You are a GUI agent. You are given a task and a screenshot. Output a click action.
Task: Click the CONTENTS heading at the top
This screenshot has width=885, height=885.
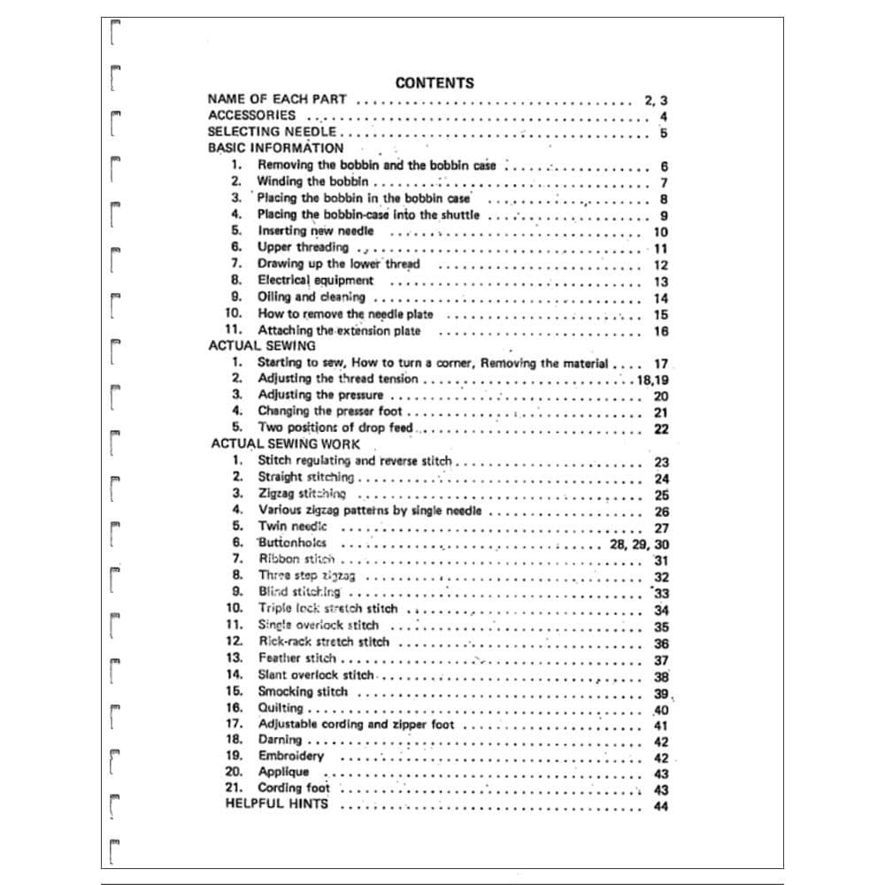(434, 83)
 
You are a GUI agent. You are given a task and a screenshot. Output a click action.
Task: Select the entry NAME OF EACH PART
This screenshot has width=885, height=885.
(277, 99)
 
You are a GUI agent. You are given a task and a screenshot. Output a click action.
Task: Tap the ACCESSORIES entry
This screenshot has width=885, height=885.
(252, 115)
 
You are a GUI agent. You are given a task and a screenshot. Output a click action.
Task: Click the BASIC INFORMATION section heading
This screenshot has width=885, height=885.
(275, 148)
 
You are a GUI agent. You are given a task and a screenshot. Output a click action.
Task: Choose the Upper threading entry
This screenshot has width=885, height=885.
(303, 247)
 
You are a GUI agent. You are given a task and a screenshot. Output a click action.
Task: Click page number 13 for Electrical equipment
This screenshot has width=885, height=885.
(660, 281)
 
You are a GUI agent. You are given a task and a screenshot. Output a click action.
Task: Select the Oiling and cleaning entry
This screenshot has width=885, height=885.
(311, 297)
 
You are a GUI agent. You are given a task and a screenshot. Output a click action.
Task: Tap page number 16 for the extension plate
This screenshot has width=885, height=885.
(660, 331)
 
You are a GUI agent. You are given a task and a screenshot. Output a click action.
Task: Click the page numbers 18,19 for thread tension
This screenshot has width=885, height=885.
(652, 380)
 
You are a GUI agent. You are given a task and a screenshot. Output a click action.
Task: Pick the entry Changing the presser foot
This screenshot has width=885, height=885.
(329, 412)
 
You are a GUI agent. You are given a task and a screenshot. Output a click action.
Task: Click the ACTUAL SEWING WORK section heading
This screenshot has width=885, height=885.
(286, 444)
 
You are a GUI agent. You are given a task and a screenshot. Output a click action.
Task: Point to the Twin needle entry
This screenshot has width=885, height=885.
(292, 527)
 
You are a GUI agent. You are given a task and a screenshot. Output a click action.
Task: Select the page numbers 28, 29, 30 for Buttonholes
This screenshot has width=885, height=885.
(639, 544)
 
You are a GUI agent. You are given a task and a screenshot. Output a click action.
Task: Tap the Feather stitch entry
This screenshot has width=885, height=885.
(296, 658)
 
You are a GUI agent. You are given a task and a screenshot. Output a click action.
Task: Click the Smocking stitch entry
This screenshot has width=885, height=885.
(303, 692)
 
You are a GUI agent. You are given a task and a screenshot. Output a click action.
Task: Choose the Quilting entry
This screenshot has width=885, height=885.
(281, 708)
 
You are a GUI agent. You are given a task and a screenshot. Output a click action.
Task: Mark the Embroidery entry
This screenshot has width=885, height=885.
(290, 757)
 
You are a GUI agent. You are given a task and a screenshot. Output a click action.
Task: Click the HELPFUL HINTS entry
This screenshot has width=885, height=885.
(276, 804)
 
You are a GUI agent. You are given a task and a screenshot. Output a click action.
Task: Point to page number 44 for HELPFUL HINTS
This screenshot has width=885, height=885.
(660, 806)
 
